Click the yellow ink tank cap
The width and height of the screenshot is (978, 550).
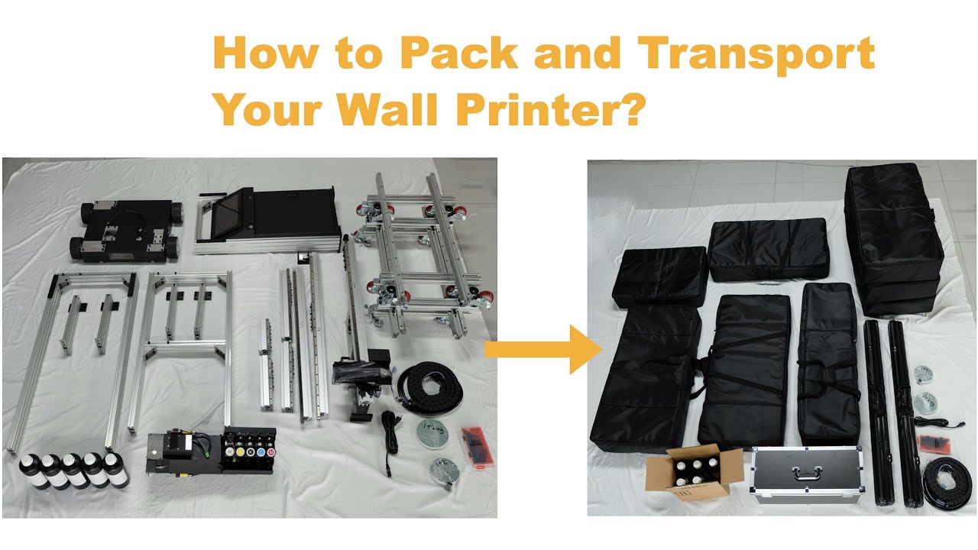pyautogui.click(x=241, y=452)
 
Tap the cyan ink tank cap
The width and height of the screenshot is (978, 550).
pyautogui.click(x=261, y=452)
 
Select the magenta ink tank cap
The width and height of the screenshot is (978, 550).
pyautogui.click(x=271, y=452)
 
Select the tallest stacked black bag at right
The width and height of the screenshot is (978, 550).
pyautogui.click(x=894, y=237)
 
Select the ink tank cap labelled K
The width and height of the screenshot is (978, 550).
pyautogui.click(x=251, y=452)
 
